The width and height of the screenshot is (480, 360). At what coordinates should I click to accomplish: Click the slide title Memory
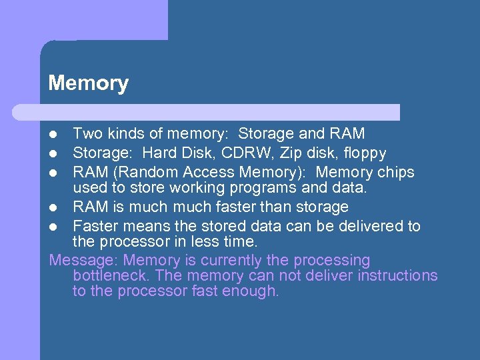(88, 83)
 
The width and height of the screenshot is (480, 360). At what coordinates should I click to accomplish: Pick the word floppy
(366, 154)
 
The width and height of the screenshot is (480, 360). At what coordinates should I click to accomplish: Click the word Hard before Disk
(159, 153)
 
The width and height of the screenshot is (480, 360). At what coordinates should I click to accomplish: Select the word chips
(396, 173)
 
